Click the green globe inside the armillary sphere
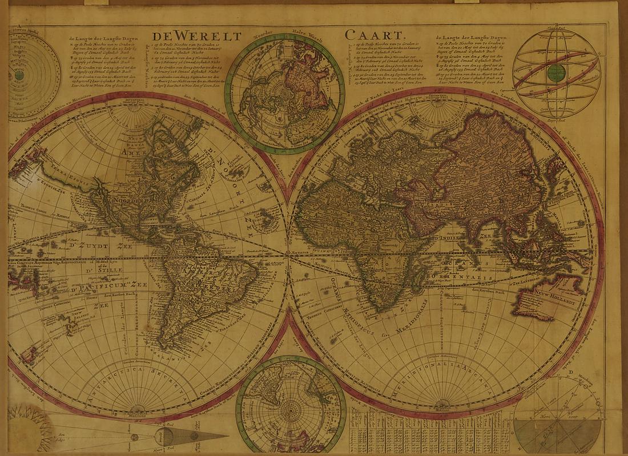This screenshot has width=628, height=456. [x=556, y=72]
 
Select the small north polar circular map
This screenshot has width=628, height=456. [x=285, y=94]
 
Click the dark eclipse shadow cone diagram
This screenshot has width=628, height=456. [x=188, y=437]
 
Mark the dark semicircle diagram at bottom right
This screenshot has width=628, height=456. [x=557, y=435]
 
